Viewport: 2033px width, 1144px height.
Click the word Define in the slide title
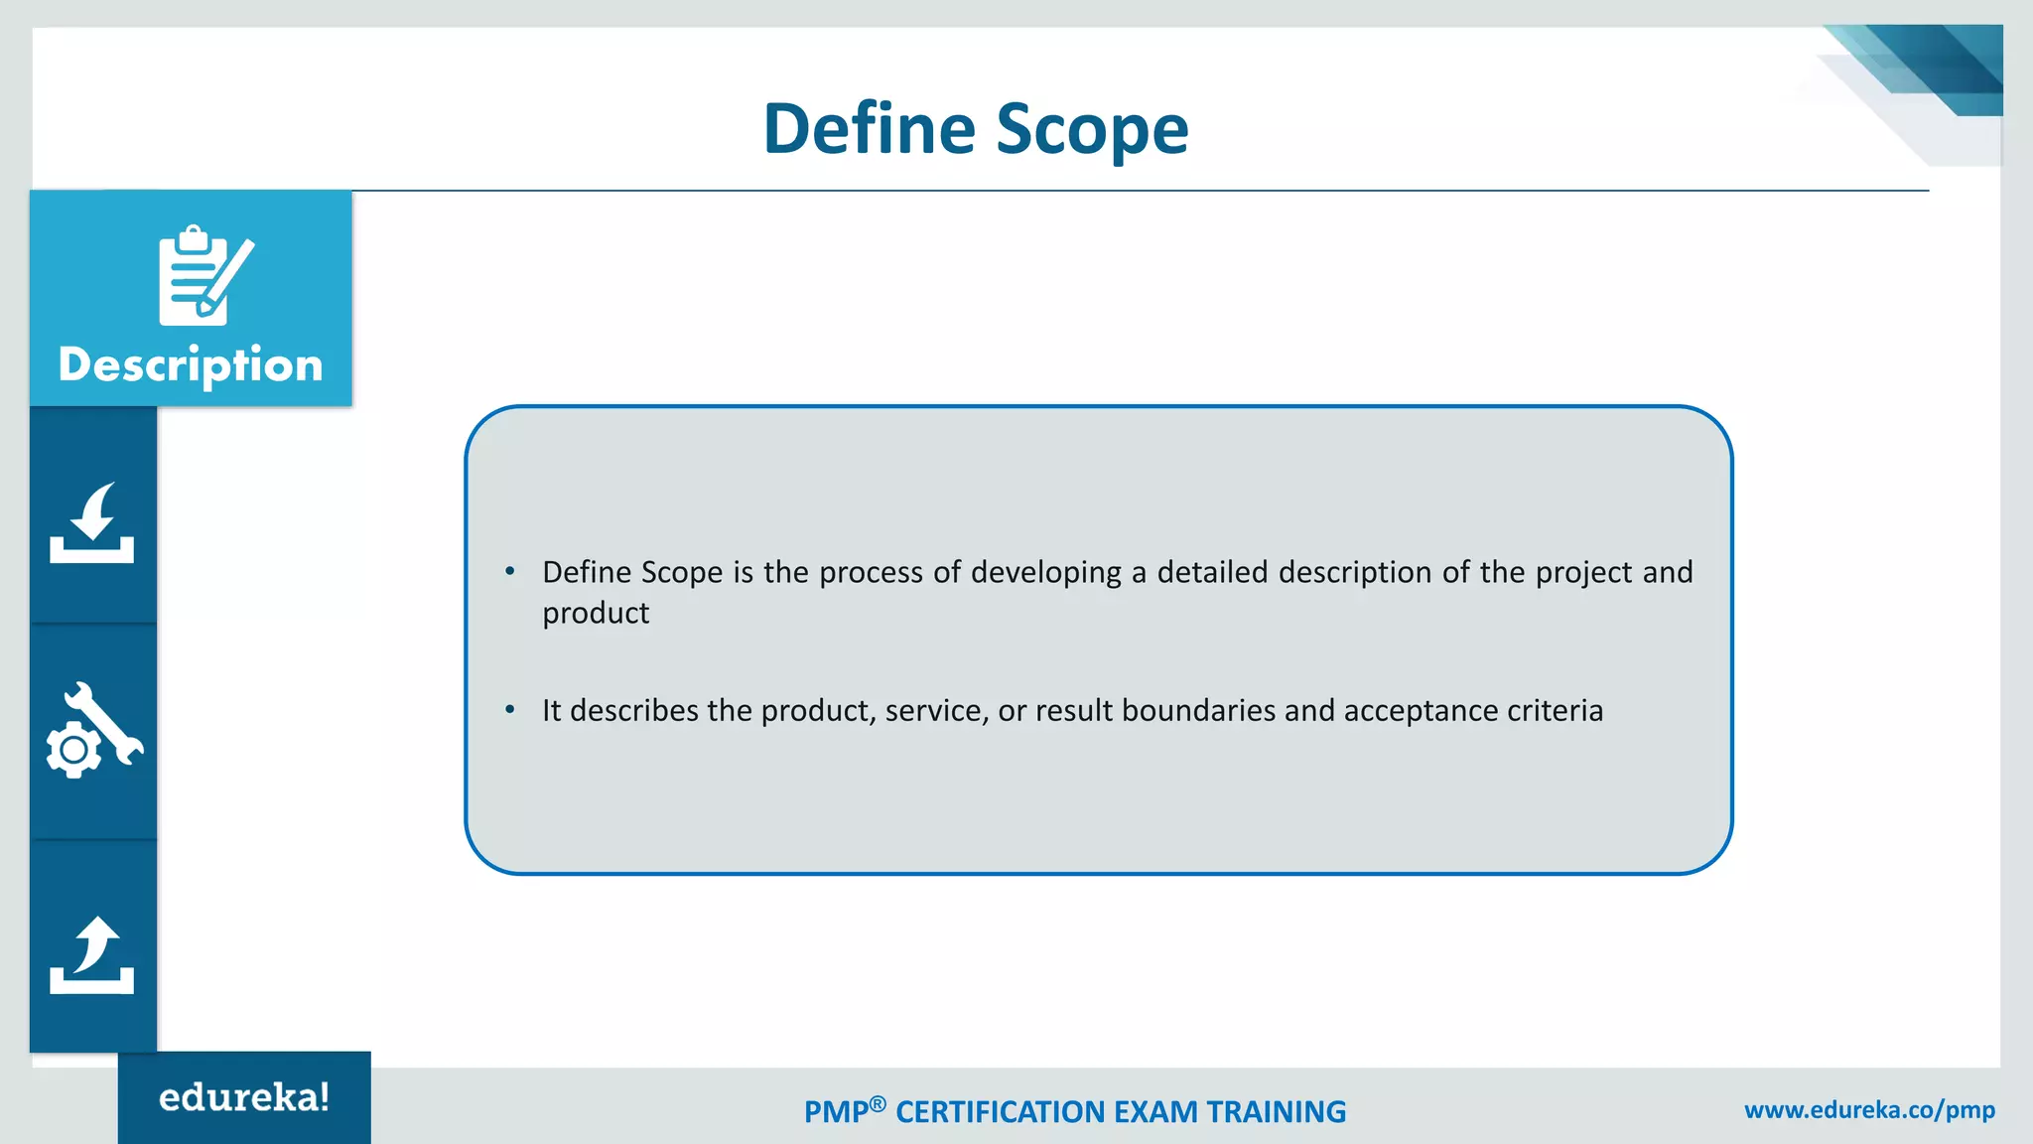(869, 129)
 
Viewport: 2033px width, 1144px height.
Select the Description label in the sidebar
(191, 365)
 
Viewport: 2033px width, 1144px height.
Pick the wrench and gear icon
(94, 731)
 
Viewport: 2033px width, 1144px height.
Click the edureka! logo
(244, 1097)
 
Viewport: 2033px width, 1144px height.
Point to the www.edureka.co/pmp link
(1869, 1110)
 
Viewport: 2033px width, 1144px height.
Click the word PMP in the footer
(836, 1112)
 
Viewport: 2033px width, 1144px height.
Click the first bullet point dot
(510, 571)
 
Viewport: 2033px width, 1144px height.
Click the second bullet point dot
(510, 709)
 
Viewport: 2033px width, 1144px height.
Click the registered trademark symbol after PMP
(878, 1103)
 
